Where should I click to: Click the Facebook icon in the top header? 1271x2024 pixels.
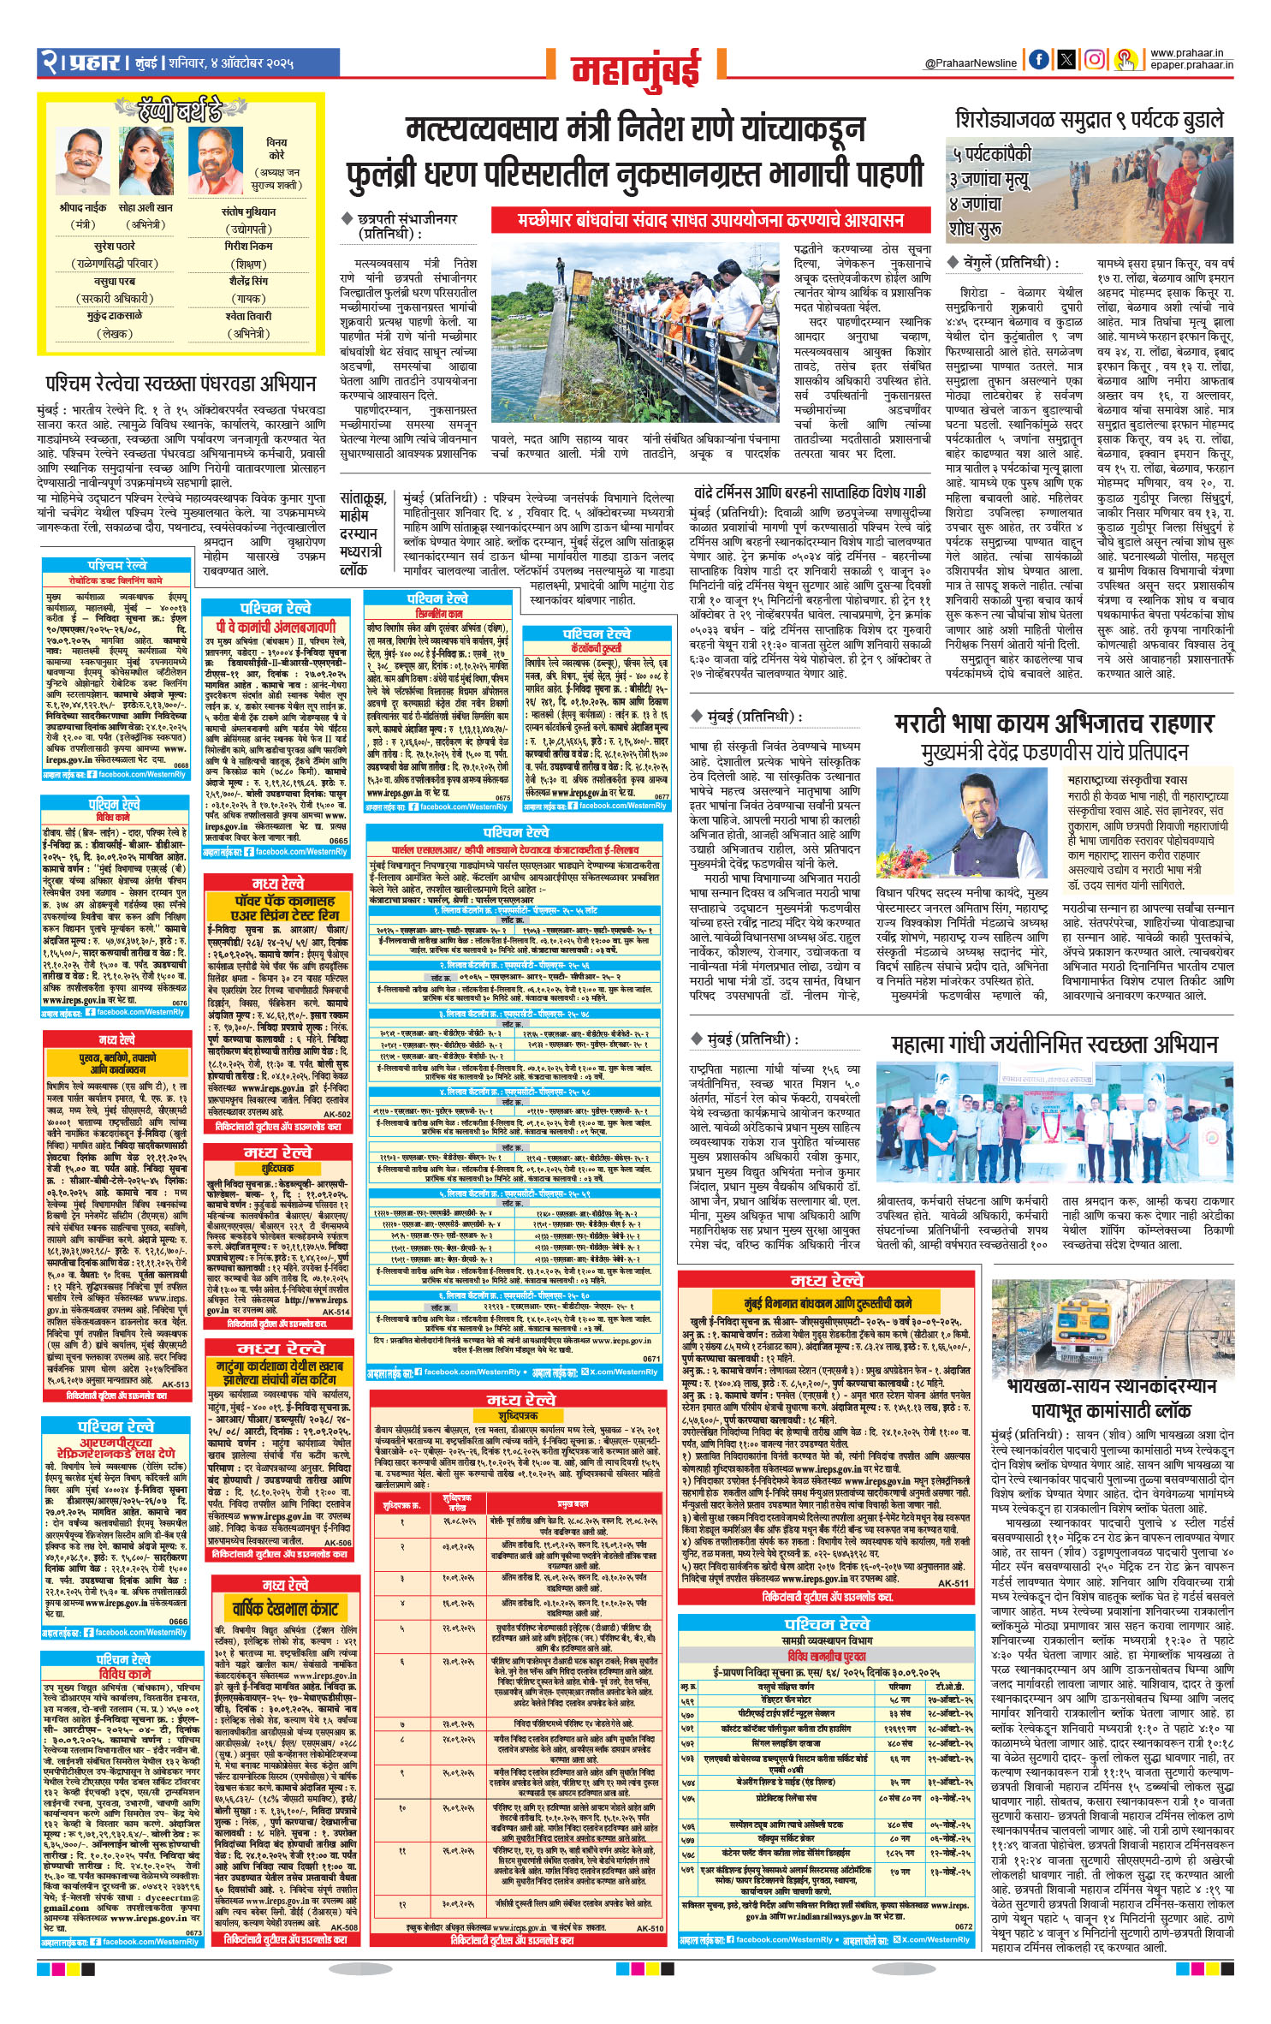[1038, 60]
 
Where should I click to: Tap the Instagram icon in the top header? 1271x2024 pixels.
[1095, 60]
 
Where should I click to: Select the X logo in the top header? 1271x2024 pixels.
[1066, 60]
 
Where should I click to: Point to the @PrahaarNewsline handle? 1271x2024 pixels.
[971, 63]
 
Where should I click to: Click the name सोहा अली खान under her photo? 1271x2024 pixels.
[145, 207]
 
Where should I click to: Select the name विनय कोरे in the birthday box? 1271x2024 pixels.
[276, 149]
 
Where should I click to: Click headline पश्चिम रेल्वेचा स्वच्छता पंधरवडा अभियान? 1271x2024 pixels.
[181, 382]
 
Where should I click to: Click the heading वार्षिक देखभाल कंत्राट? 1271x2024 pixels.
[282, 1608]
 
